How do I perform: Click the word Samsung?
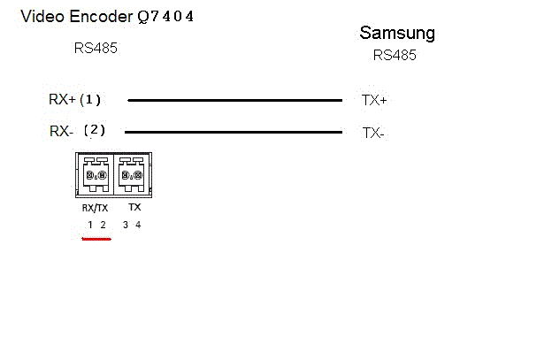397,34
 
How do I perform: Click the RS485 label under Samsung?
395,55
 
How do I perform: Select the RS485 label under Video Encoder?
96,48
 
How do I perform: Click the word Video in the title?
41,16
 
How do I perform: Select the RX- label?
61,131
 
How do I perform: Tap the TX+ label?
374,101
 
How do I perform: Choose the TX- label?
373,134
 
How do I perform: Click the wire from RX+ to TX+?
234,101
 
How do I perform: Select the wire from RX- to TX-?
234,133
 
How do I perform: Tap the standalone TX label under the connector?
134,207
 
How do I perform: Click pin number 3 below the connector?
126,225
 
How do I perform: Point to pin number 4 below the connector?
138,225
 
